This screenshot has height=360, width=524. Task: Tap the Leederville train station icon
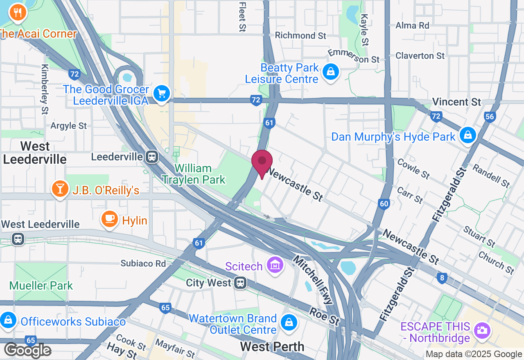click(x=152, y=156)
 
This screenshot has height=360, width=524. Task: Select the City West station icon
click(x=240, y=282)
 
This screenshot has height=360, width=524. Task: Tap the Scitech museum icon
click(x=275, y=265)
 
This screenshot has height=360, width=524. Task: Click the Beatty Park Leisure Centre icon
click(x=330, y=72)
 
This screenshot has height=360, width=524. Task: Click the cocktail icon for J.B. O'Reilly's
click(x=60, y=189)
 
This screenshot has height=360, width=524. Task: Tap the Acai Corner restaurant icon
click(x=17, y=13)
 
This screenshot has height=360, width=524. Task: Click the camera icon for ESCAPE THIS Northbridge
click(x=482, y=330)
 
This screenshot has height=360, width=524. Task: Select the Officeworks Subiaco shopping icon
click(x=8, y=320)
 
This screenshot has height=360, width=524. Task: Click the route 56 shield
click(x=489, y=117)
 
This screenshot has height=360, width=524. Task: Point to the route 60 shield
click(x=384, y=204)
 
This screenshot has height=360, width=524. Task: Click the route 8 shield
click(x=441, y=278)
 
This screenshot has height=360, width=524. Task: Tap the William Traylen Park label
click(x=193, y=174)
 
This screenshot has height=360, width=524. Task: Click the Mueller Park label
click(x=41, y=285)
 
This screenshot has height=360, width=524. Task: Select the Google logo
click(x=27, y=350)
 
